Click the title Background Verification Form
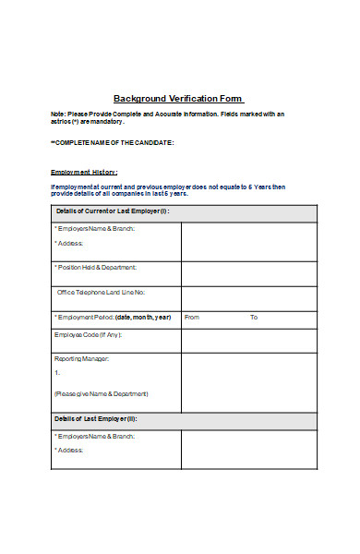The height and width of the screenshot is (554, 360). tap(178, 98)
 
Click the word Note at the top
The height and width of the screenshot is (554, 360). tap(57, 114)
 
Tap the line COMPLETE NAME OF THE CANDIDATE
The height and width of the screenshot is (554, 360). tap(113, 143)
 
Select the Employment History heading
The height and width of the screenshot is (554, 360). tap(84, 173)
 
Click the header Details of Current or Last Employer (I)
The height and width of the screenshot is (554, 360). tap(113, 211)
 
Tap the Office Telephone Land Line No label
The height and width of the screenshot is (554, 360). tap(101, 292)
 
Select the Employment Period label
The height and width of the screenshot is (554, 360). tap(113, 317)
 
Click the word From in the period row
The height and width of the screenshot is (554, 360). tap(192, 317)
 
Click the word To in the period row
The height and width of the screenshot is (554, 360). tap(254, 317)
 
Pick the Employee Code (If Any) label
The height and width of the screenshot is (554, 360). tap(88, 334)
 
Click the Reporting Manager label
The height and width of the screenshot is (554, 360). tap(82, 358)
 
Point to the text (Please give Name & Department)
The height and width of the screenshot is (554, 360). tap(101, 393)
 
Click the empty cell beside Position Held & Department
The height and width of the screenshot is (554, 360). tap(249, 273)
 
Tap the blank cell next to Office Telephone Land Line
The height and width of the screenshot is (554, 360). tap(249, 297)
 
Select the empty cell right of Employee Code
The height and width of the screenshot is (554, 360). tap(249, 340)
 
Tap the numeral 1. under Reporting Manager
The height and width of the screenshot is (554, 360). tap(57, 372)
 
